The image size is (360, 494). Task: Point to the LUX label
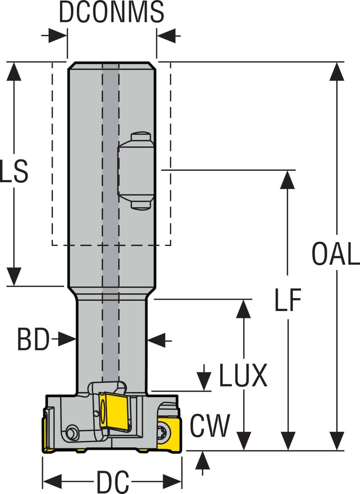click(243, 376)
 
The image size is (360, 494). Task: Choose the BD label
click(33, 340)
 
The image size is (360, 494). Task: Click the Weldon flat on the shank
click(136, 171)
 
